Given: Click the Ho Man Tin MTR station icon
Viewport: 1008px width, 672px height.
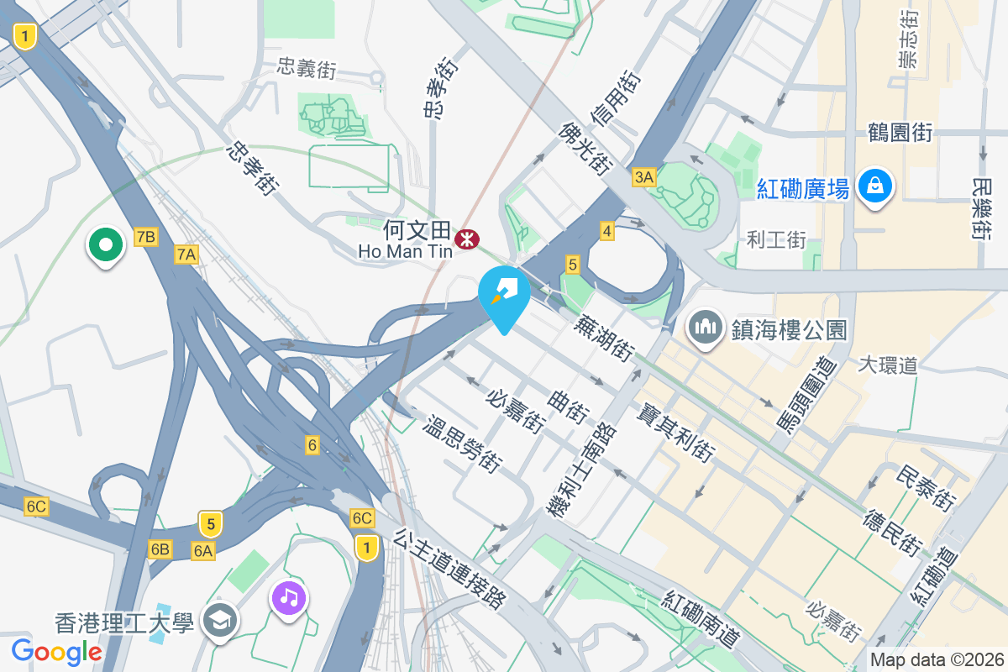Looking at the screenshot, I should tap(467, 240).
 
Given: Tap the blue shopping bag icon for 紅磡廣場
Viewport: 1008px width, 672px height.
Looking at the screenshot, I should tap(875, 185).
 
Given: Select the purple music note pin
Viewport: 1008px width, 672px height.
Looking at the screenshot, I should tap(289, 598).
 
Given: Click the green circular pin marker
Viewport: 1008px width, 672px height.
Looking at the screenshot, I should tap(105, 246).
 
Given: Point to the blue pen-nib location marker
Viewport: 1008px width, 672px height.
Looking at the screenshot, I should tap(504, 293).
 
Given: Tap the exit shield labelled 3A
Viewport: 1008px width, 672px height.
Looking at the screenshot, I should tap(643, 176).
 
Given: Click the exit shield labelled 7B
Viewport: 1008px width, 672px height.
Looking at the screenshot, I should tap(145, 237).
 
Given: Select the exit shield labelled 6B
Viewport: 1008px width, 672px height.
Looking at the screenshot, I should tap(160, 549).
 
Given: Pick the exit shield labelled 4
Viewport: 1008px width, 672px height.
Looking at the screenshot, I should tap(606, 229).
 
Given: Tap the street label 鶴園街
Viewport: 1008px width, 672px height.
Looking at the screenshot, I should tap(900, 133).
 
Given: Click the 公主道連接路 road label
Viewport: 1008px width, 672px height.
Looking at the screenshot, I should tap(450, 568).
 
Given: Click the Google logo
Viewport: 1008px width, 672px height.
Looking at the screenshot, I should tap(56, 651).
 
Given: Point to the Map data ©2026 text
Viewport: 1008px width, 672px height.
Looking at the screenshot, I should tap(937, 659).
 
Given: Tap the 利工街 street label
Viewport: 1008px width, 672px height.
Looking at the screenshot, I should tap(776, 241).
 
